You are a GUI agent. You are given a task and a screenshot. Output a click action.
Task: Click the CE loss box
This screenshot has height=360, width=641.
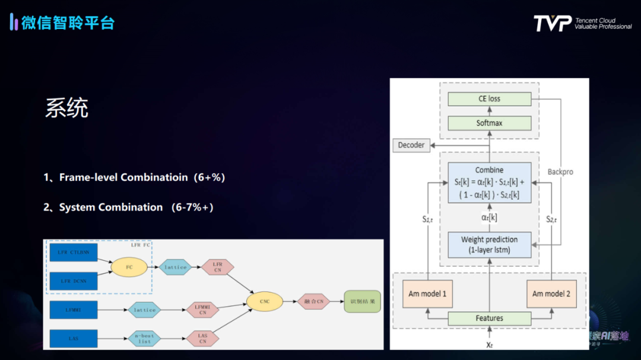coord(489,99)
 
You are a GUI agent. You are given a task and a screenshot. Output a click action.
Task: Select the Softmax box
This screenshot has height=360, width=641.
coord(489,123)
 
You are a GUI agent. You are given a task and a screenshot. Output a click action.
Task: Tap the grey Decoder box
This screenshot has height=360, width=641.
coord(411,145)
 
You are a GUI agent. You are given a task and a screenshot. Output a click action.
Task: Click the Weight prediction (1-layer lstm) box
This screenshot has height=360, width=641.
coord(489,244)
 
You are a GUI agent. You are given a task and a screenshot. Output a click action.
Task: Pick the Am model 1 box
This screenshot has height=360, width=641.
coord(427,294)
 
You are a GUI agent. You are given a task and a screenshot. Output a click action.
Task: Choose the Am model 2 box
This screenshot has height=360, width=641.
coord(551,294)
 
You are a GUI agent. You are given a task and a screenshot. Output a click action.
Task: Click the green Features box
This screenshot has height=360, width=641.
coord(489,318)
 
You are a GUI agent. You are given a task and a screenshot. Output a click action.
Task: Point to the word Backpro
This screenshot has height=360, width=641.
coord(560,172)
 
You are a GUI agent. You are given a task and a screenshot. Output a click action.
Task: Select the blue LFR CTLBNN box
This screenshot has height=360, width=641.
coord(73,253)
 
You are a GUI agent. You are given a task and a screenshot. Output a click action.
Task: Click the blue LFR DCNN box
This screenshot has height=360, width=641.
coord(73,281)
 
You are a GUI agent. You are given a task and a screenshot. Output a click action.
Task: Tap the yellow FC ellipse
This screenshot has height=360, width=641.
coord(129,267)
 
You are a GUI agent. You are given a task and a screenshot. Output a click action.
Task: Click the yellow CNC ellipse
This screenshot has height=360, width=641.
coord(265,301)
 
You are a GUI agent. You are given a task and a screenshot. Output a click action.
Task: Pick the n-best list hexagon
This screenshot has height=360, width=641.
coord(144,339)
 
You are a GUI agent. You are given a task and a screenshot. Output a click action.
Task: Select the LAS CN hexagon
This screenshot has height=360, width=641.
coord(202,339)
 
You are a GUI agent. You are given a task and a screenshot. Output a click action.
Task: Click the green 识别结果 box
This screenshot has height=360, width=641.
coord(362,301)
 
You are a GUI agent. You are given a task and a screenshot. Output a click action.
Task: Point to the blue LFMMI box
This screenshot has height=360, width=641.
coord(73,310)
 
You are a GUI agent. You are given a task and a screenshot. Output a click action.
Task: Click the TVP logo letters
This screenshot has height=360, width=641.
coord(552,24)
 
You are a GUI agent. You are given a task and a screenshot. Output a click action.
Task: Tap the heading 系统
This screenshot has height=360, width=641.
coord(66,109)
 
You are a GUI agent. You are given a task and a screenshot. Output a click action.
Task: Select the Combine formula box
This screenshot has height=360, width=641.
coord(489,183)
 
